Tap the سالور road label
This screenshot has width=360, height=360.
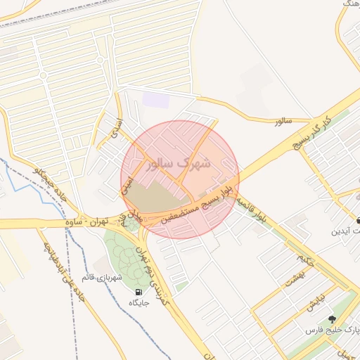283,122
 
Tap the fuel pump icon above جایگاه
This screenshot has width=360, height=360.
138,291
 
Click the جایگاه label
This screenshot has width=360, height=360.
139,302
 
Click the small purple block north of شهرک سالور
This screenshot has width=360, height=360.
155,100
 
